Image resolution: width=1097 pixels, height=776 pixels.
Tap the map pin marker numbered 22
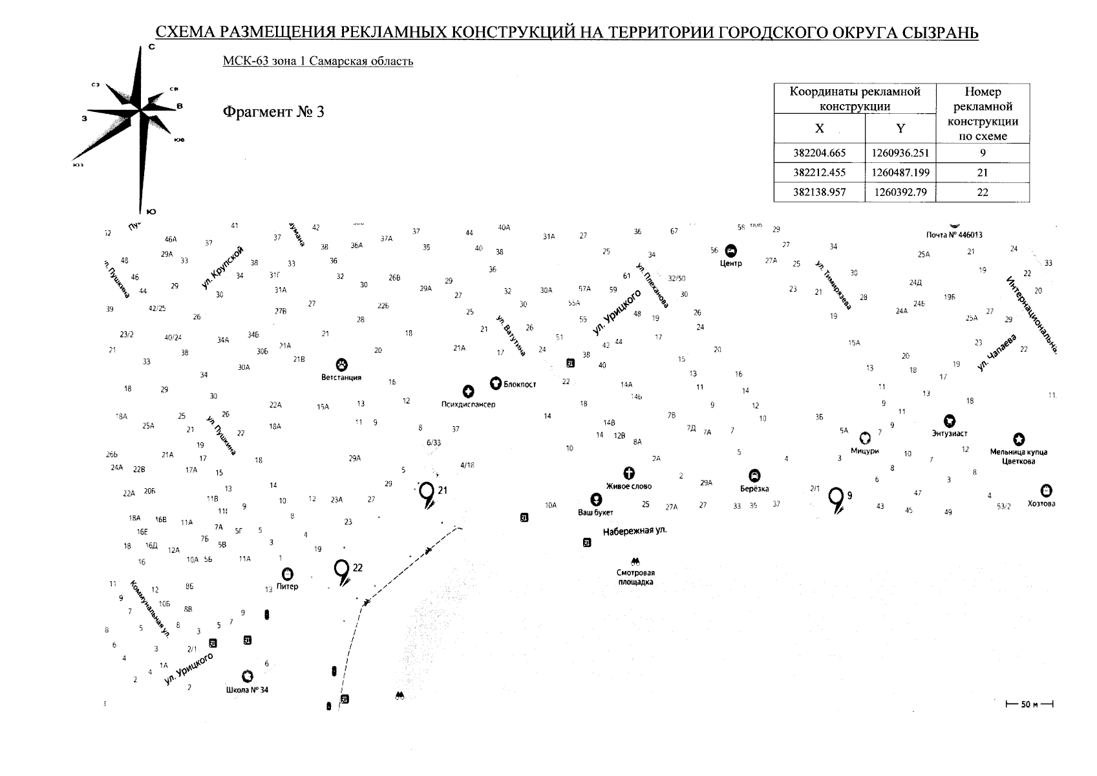(x=341, y=570)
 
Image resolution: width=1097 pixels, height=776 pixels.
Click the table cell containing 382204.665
(x=819, y=153)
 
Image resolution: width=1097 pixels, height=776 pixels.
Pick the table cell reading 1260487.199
(x=900, y=173)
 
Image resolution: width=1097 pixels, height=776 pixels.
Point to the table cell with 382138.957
(x=819, y=192)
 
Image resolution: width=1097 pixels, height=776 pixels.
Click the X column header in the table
(x=819, y=128)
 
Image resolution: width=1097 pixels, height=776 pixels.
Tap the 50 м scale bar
(x=1029, y=704)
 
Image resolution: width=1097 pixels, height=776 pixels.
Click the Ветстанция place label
(x=341, y=377)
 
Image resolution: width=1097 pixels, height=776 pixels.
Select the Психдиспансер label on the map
(x=468, y=404)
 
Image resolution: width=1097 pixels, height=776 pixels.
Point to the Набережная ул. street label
(x=634, y=532)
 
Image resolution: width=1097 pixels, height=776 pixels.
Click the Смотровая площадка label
(x=635, y=577)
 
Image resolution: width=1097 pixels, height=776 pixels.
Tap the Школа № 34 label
(x=247, y=689)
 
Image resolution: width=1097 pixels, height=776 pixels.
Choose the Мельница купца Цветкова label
(x=1018, y=457)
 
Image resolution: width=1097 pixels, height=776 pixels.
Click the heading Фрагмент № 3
(x=273, y=112)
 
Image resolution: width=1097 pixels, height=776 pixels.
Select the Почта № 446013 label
(x=953, y=235)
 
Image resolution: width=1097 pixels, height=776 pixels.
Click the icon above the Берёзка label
(x=754, y=475)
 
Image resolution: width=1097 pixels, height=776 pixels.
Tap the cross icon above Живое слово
(x=628, y=473)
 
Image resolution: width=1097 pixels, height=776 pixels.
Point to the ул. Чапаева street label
(x=997, y=352)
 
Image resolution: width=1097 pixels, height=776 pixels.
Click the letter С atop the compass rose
(x=151, y=47)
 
